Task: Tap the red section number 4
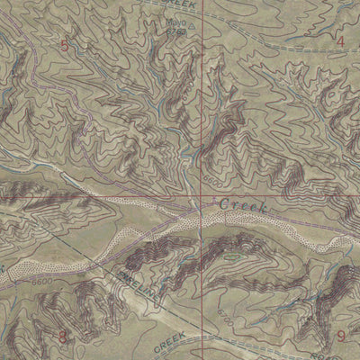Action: [340, 40]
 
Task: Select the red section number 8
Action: [62, 337]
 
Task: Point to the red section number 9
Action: [341, 337]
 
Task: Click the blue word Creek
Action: [243, 206]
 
